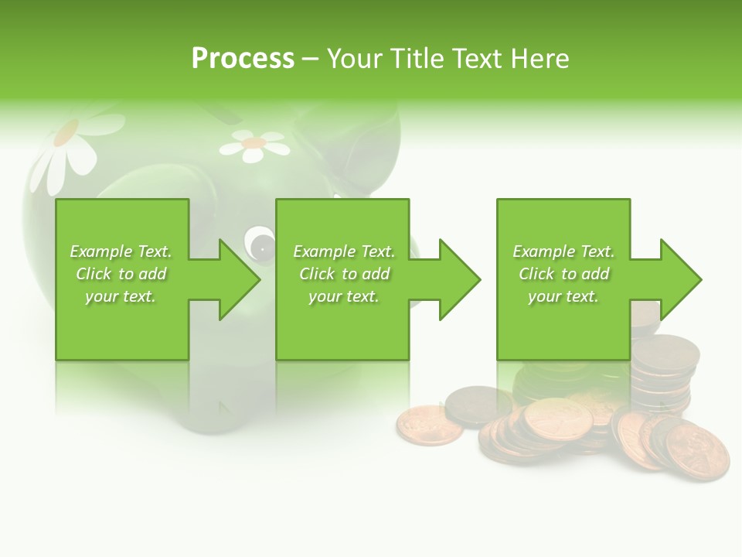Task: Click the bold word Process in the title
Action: click(x=243, y=59)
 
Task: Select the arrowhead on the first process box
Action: click(x=239, y=280)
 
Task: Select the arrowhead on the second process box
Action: click(x=459, y=280)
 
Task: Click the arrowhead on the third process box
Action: click(x=679, y=280)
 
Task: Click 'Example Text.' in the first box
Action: click(x=121, y=251)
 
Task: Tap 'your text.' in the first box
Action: click(x=121, y=296)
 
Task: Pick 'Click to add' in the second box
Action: click(x=344, y=274)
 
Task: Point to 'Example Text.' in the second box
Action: click(x=344, y=251)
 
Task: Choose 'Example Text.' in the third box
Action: click(x=563, y=251)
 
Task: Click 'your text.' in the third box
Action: click(x=563, y=296)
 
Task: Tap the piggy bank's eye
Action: click(x=260, y=244)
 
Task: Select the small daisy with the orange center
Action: click(x=253, y=145)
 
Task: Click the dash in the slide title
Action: click(x=310, y=59)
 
